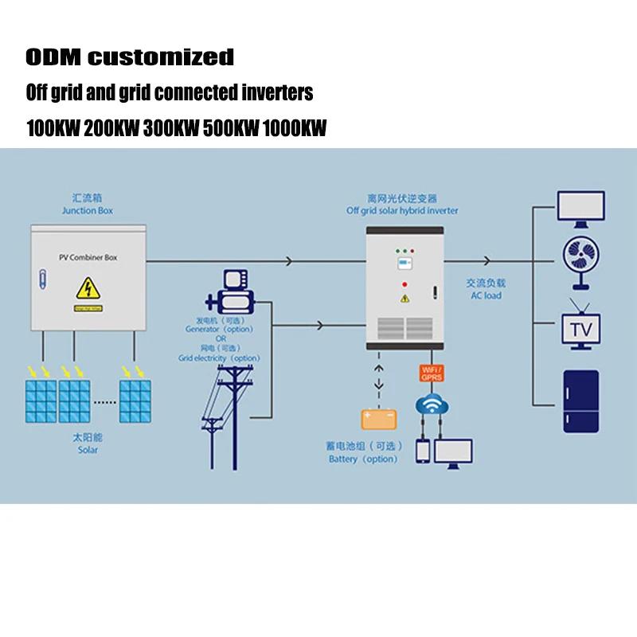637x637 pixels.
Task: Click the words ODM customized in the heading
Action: pyautogui.click(x=130, y=57)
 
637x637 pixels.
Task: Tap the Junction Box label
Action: pyautogui.click(x=88, y=211)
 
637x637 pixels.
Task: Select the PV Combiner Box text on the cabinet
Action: pyautogui.click(x=88, y=257)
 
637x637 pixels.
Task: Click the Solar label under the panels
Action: pyautogui.click(x=88, y=450)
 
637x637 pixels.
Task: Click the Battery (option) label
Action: pyautogui.click(x=363, y=459)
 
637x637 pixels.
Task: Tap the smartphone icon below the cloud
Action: pyautogui.click(x=423, y=451)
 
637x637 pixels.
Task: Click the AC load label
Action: pyautogui.click(x=486, y=295)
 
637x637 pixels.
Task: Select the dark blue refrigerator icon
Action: pyautogui.click(x=580, y=401)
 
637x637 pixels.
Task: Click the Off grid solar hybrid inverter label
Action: pyautogui.click(x=402, y=211)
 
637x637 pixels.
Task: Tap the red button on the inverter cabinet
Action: pyautogui.click(x=405, y=283)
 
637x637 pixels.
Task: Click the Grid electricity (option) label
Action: pyautogui.click(x=219, y=358)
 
